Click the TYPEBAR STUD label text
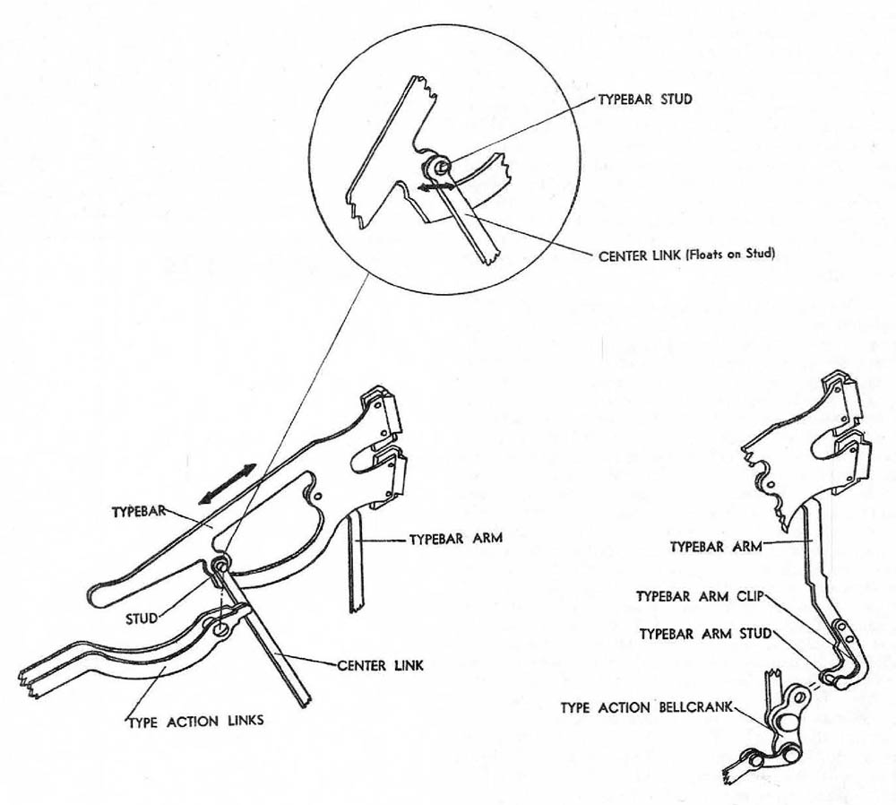[x=645, y=100]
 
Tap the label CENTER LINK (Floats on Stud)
[x=685, y=254]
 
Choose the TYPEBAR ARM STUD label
[x=704, y=634]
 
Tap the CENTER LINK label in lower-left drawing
[x=380, y=666]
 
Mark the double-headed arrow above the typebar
[x=227, y=485]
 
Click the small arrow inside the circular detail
[x=432, y=186]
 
